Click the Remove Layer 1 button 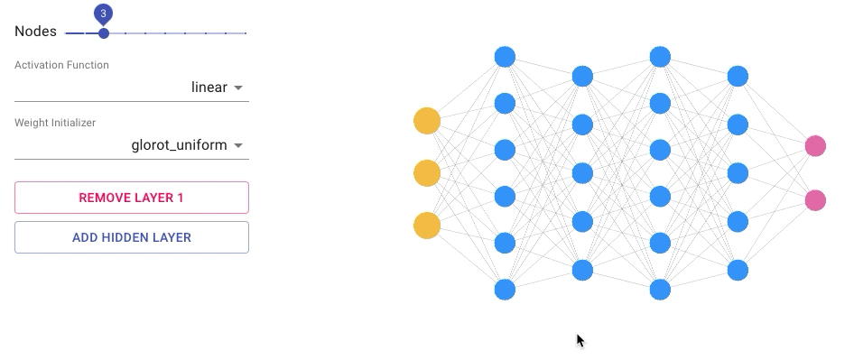tap(132, 198)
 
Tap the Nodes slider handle tap(104, 33)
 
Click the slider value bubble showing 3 tap(103, 14)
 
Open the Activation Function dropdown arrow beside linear tap(238, 88)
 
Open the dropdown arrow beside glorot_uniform tap(238, 145)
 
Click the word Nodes tap(35, 32)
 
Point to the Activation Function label tap(61, 65)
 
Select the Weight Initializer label tap(55, 123)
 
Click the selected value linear tap(209, 88)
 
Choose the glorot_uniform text tap(179, 145)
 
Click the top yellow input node tap(427, 121)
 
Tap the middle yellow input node tap(427, 173)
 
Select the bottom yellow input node tap(427, 226)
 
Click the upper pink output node tap(815, 146)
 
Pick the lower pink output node tap(815, 200)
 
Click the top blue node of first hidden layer tap(505, 57)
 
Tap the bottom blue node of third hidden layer tap(660, 290)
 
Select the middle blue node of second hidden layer tap(583, 173)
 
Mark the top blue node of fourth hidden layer tap(738, 77)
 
